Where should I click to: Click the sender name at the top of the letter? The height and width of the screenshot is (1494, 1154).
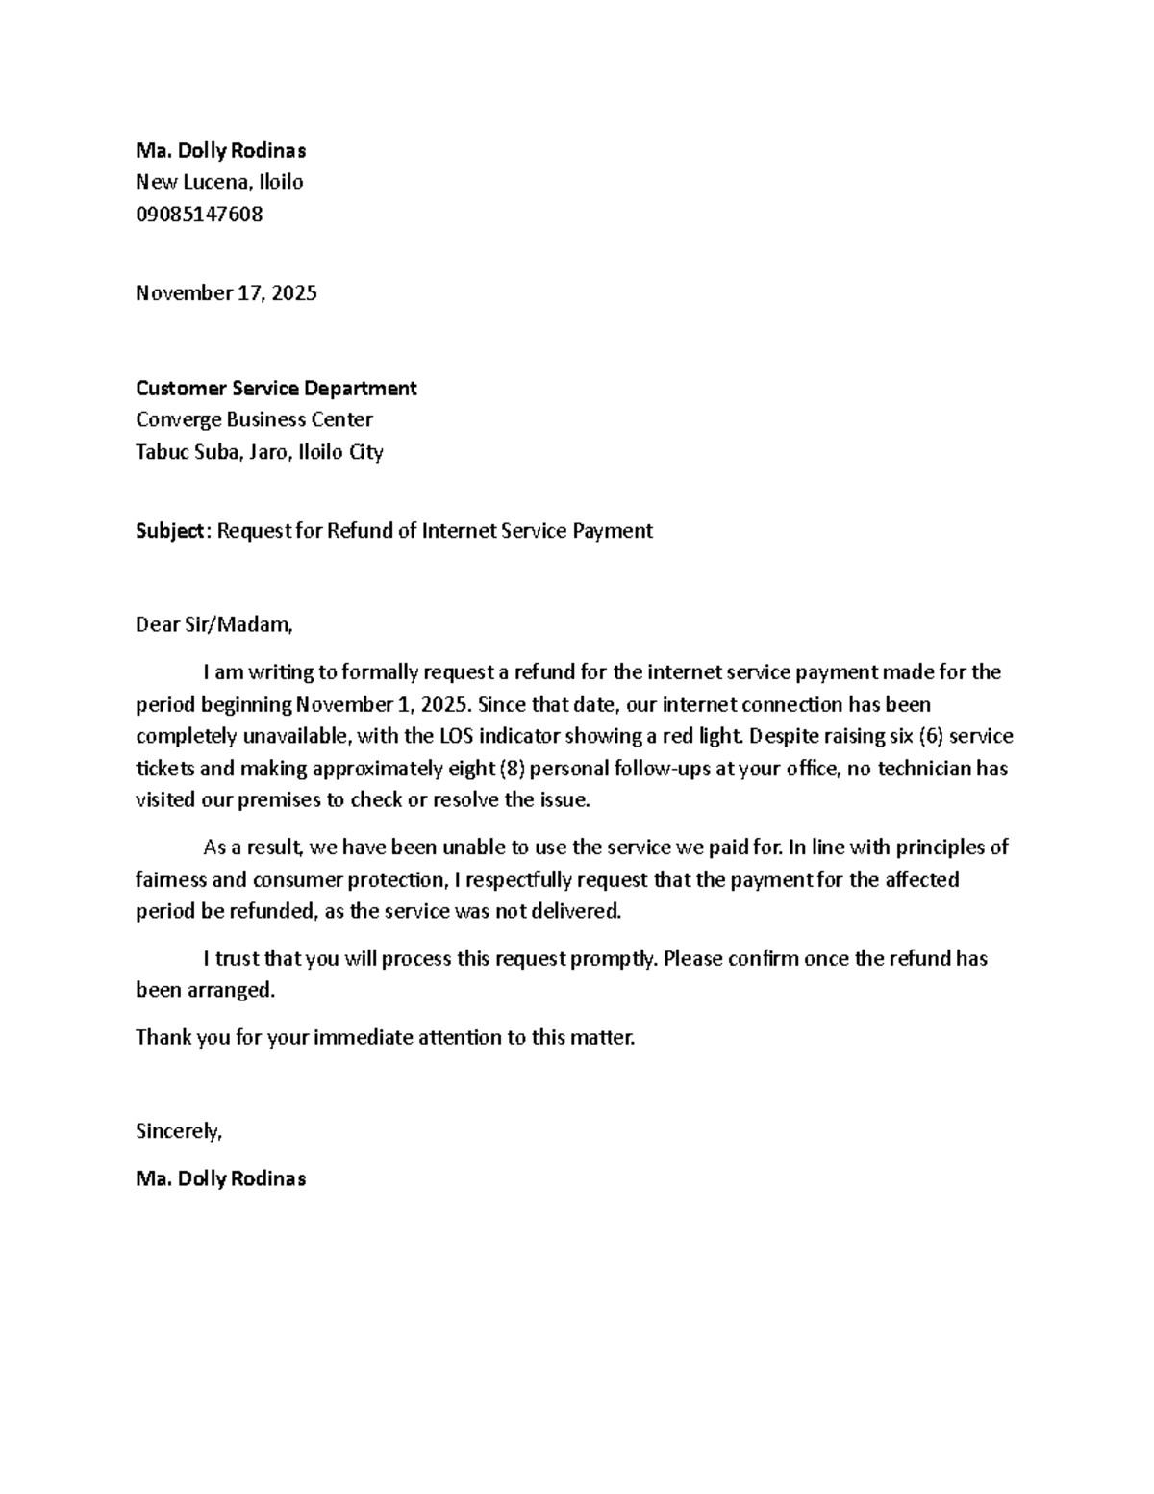pos(220,151)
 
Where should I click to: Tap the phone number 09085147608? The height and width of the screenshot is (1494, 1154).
pos(199,215)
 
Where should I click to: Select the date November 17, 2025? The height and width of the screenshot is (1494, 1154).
pos(226,293)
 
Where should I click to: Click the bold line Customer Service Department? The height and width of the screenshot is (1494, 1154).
pos(276,389)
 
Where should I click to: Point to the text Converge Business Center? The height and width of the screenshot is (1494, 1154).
pos(254,420)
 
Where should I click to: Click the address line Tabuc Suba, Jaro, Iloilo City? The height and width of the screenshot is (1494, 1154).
pos(260,452)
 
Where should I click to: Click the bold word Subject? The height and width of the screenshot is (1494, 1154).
pos(170,531)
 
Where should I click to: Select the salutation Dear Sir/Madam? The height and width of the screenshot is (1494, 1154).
pos(213,625)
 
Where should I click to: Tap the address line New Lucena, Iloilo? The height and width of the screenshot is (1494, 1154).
pos(219,183)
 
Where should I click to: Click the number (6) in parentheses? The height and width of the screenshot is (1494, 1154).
pos(931,737)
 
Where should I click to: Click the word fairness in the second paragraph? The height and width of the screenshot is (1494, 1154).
pos(164,880)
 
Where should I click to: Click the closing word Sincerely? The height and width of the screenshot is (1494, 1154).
pos(179,1132)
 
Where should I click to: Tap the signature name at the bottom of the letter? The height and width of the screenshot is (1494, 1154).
pos(220,1179)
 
